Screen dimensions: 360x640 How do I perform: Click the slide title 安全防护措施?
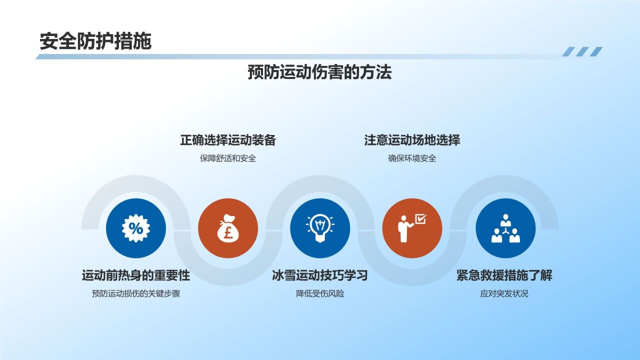pos(95,41)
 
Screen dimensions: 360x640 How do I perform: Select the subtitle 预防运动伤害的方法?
pos(319,72)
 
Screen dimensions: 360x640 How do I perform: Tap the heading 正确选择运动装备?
pos(228,140)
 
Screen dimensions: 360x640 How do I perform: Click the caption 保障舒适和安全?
pos(228,158)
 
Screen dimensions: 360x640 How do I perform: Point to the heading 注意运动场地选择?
pos(412,140)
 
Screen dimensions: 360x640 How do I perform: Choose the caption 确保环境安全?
pos(412,158)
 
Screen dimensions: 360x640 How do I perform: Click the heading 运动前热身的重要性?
pos(136,275)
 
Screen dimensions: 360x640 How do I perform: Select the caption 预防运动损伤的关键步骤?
pos(136,293)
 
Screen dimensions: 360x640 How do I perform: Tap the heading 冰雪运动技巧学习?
pos(320,275)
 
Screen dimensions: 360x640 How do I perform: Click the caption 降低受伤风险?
pos(320,293)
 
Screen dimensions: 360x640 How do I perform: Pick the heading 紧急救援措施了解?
pos(504,275)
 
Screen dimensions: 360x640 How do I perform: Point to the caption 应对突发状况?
pos(504,293)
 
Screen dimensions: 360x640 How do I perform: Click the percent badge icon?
pos(136,228)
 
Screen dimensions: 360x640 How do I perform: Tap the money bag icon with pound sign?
pos(228,228)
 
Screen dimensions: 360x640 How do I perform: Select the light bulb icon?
pos(320,228)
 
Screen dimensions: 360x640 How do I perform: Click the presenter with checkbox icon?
pos(412,228)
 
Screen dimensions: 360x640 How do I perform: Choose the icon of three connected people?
pos(505,228)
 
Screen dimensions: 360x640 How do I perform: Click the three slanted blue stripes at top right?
pos(582,51)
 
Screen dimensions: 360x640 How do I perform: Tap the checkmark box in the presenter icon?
pos(421,219)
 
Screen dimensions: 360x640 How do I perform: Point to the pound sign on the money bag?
pos(228,233)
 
